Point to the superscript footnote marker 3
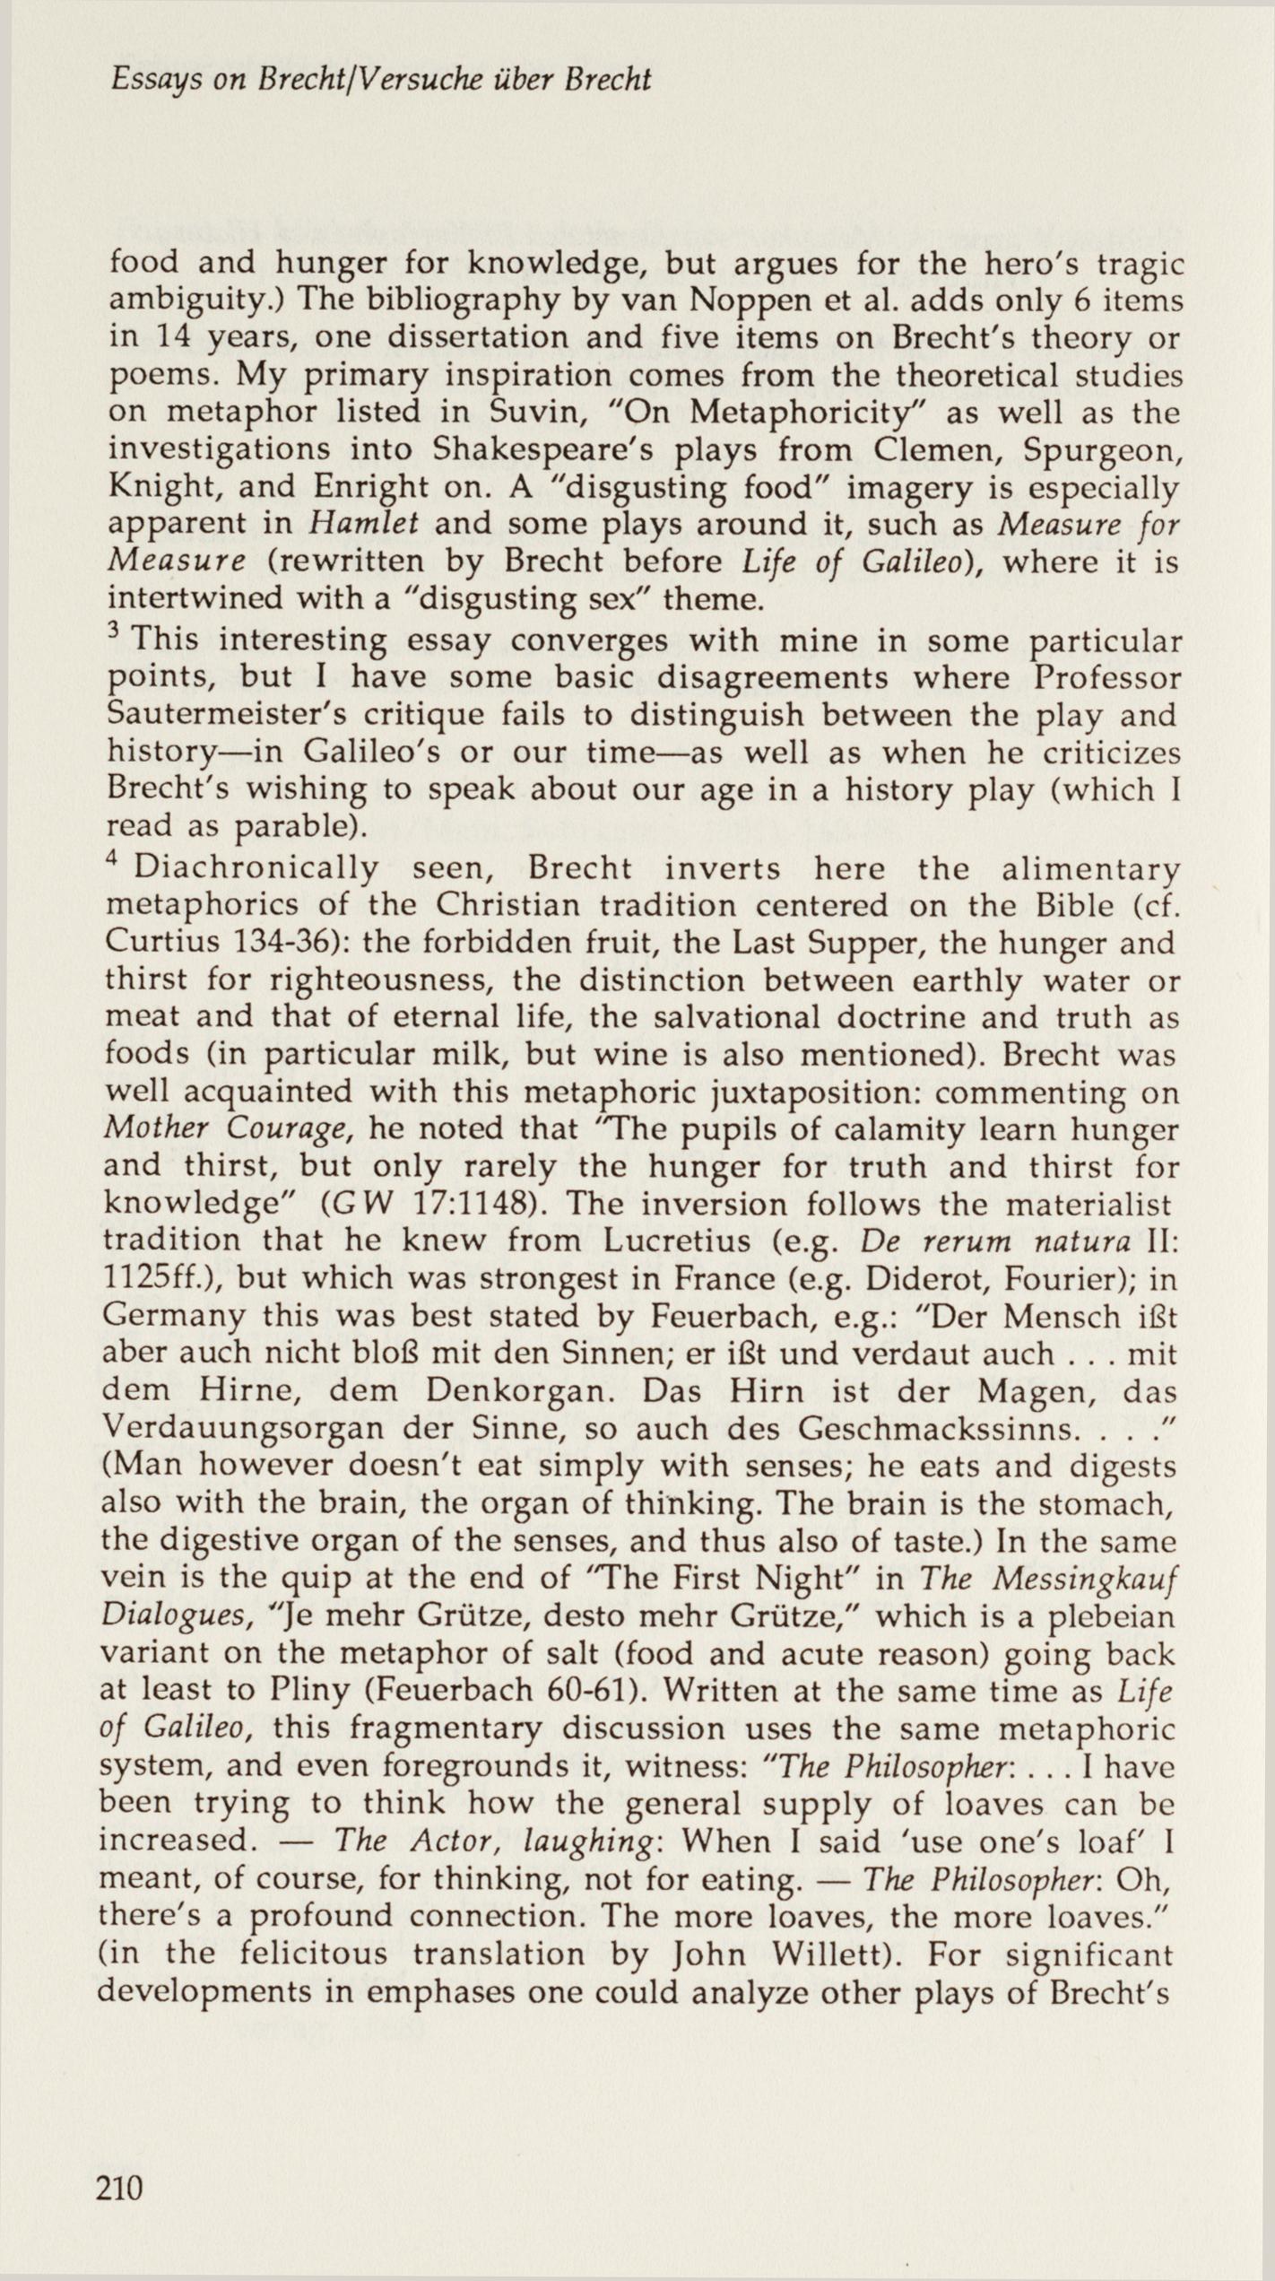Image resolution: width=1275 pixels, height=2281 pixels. pos(112,633)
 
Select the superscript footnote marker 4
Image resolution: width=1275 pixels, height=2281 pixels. pos(112,858)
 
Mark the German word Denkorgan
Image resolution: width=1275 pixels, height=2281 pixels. pos(499,1391)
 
